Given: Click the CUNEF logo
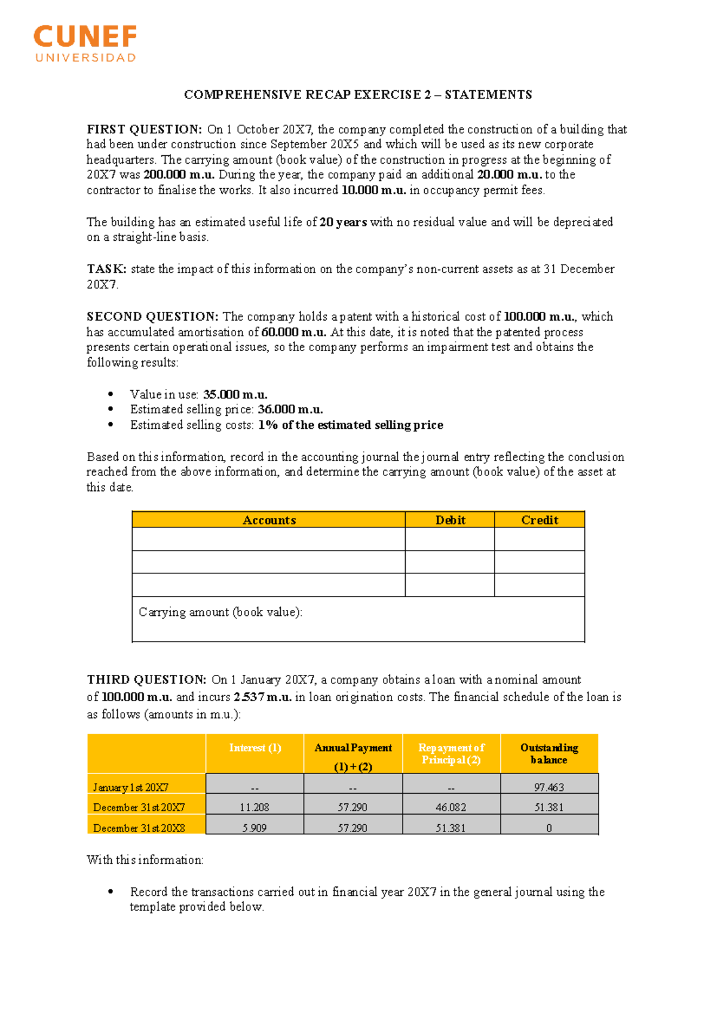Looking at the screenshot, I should click(85, 43).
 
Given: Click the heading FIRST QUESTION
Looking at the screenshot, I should click(144, 130).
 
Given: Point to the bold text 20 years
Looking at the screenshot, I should click(343, 222).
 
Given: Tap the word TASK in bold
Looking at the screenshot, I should click(106, 269).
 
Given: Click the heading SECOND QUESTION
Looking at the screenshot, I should click(152, 317).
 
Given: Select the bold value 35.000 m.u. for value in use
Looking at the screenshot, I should click(235, 395).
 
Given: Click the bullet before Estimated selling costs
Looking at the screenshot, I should click(111, 425).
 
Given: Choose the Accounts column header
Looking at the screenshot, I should click(269, 520).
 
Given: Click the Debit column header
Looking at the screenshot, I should click(450, 520).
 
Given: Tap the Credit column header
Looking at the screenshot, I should click(540, 520).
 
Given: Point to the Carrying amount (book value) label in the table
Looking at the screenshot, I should click(220, 612).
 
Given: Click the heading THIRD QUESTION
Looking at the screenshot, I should click(146, 680).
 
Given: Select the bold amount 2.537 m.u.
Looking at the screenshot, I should click(262, 697).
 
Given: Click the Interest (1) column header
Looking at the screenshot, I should click(255, 748).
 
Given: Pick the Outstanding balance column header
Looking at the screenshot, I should click(549, 754).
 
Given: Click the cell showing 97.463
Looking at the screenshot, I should click(549, 787).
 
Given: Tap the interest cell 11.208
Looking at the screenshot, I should click(255, 808).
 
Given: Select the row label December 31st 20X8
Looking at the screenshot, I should click(139, 828).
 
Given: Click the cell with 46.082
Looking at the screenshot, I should click(451, 808).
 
